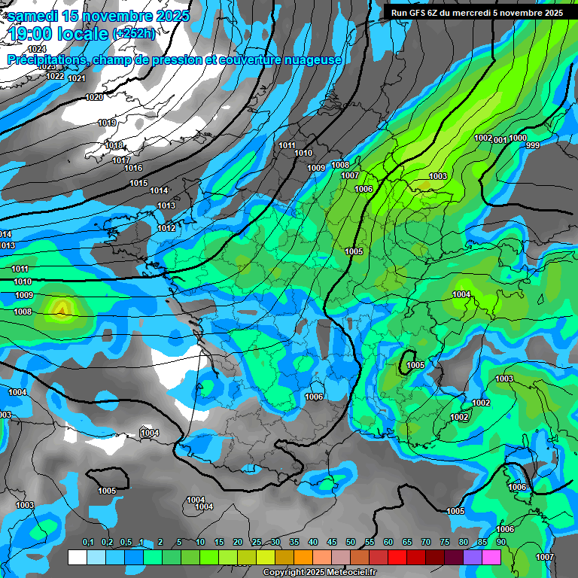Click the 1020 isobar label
pyautogui.click(x=95, y=97)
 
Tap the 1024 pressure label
pyautogui.click(x=37, y=49)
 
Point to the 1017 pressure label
pyautogui.click(x=120, y=160)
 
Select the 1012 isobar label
pyautogui.click(x=166, y=228)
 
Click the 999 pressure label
pyautogui.click(x=533, y=145)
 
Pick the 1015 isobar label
pyautogui.click(x=138, y=183)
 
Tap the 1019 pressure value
pyautogui.click(x=107, y=123)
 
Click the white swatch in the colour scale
pyautogui.click(x=77, y=557)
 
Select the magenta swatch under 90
pyautogui.click(x=491, y=557)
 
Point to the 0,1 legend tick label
pyautogui.click(x=87, y=543)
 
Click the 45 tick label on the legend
pyautogui.click(x=332, y=543)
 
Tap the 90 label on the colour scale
pyautogui.click(x=500, y=543)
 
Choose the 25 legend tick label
pyautogui.click(x=257, y=543)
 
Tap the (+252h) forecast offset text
pyautogui.click(x=134, y=34)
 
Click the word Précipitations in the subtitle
pyautogui.click(x=47, y=60)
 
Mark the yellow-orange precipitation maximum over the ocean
pyautogui.click(x=62, y=308)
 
